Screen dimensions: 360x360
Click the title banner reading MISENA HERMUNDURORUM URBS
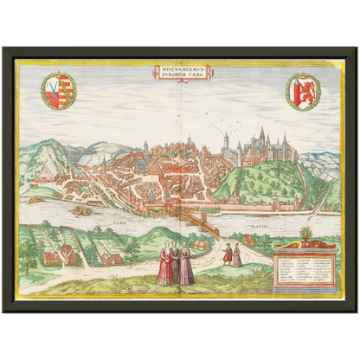click(179, 74)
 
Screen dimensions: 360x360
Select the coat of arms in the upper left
click(58, 91)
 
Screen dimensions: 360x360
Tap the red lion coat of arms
click(303, 91)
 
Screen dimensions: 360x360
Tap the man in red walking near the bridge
click(228, 254)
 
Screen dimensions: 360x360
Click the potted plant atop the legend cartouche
click(305, 235)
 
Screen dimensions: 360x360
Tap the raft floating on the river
click(82, 209)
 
